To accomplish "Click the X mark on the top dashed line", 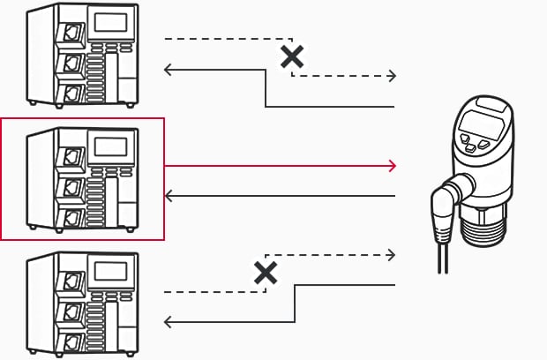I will (x=292, y=57).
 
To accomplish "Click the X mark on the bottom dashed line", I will (x=266, y=272).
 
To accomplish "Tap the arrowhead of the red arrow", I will (x=392, y=165).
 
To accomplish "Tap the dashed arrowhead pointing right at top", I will (x=392, y=77).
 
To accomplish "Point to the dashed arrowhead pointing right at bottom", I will (x=392, y=255).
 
